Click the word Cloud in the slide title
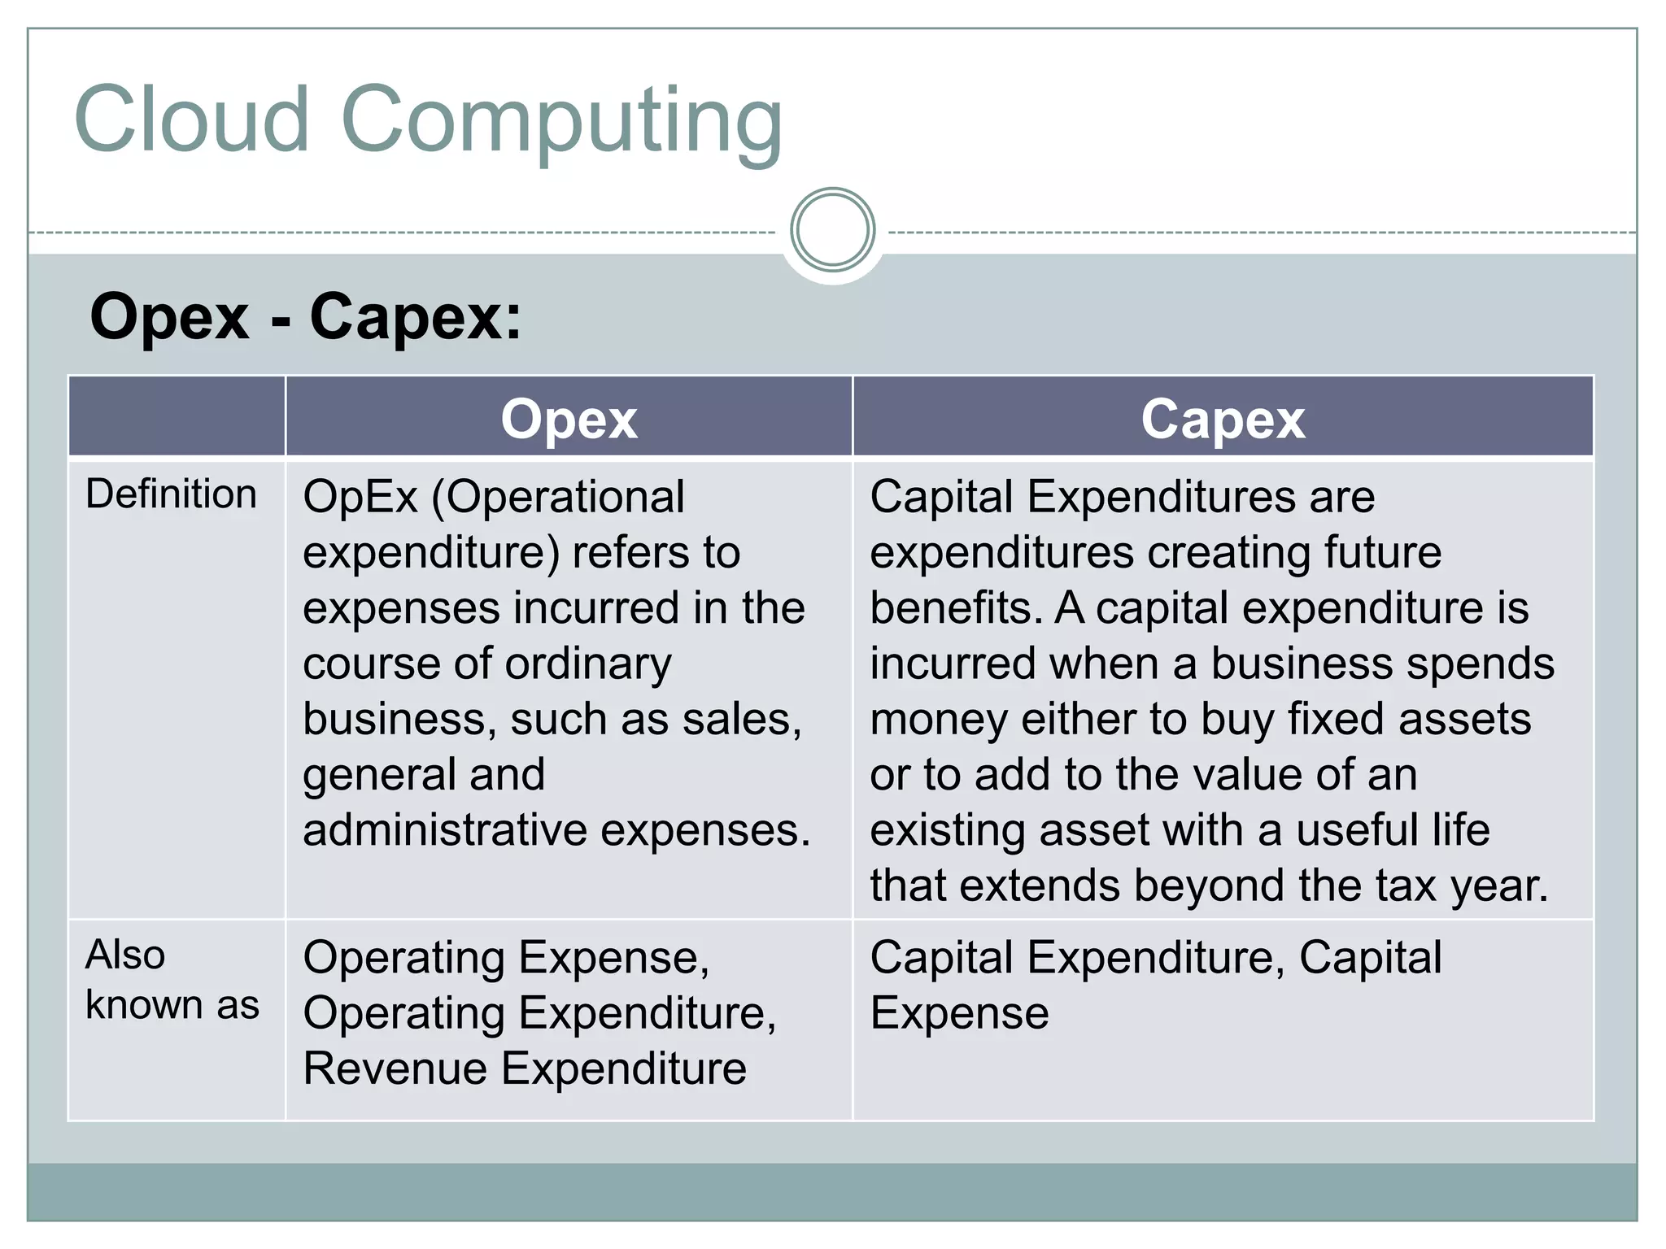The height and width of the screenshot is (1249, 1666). (x=192, y=120)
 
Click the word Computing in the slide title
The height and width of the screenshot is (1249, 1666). (x=561, y=122)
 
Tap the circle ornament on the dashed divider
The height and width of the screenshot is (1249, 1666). (x=832, y=230)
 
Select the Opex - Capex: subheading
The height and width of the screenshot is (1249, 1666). (x=305, y=316)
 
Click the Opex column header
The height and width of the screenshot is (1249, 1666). (x=569, y=420)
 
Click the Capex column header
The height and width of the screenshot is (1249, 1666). (x=1223, y=420)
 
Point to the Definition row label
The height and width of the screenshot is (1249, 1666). (x=171, y=494)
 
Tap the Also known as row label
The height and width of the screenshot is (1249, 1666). (x=172, y=980)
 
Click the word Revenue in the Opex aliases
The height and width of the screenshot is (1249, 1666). (x=395, y=1068)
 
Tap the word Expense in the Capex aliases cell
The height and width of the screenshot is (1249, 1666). (x=959, y=1013)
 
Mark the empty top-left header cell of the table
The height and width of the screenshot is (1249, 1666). (x=177, y=416)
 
